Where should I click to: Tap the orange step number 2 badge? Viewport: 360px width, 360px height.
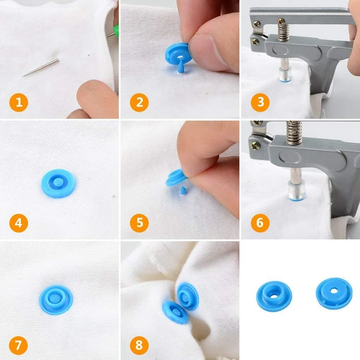click(139, 103)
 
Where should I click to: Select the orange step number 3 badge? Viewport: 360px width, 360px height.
click(260, 103)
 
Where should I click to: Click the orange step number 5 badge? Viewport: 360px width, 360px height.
click(139, 222)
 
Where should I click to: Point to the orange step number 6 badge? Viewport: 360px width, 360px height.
click(260, 222)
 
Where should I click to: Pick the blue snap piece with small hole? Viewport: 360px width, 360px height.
click(333, 292)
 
